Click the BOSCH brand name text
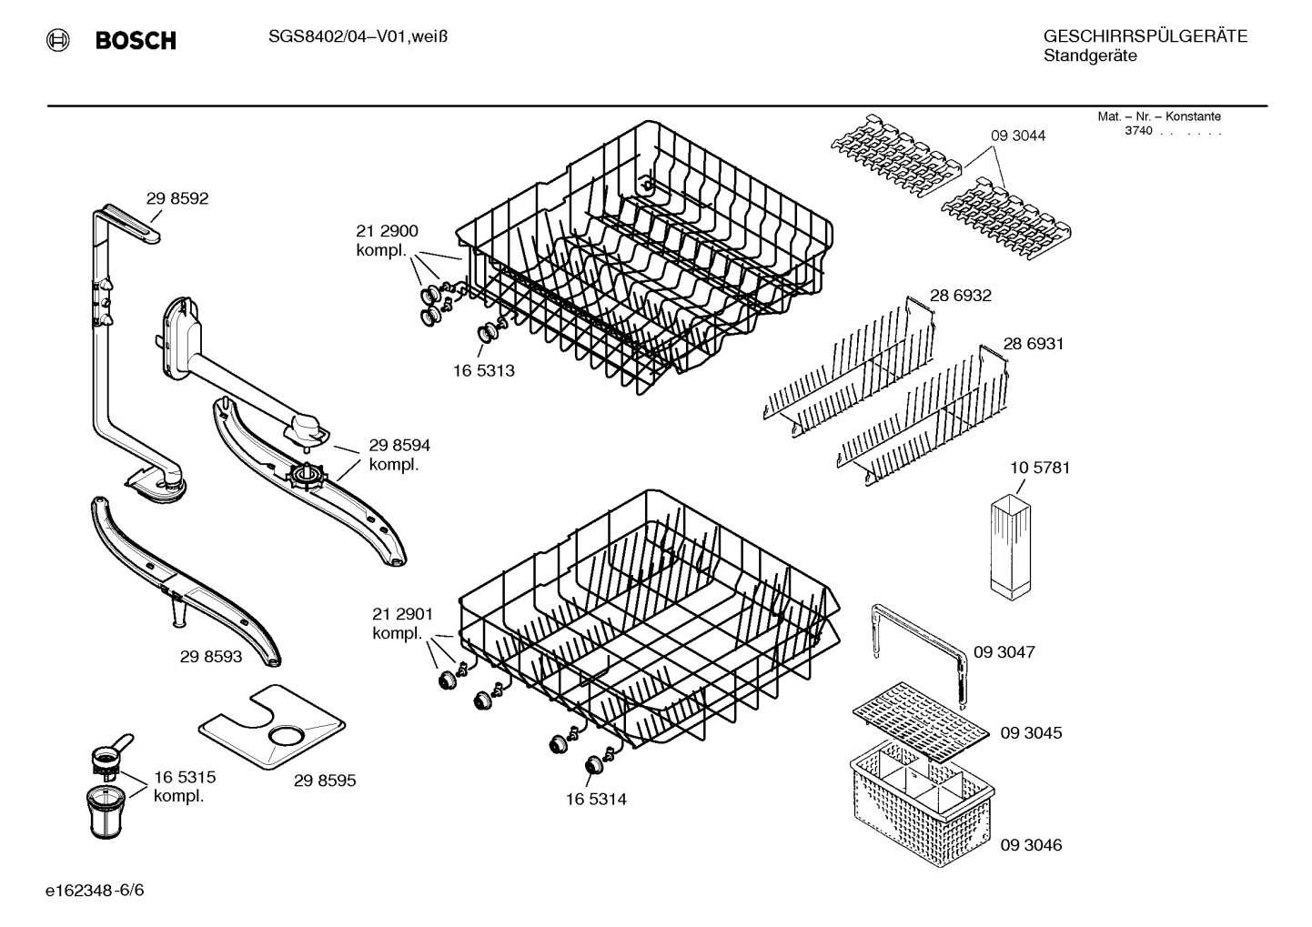pyautogui.click(x=136, y=40)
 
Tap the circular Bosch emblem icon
pyautogui.click(x=57, y=40)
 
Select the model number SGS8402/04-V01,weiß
pyautogui.click(x=358, y=37)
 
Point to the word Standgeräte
pyautogui.click(x=1090, y=56)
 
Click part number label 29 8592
pyautogui.click(x=177, y=198)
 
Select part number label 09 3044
pyautogui.click(x=1018, y=136)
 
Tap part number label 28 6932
pyautogui.click(x=961, y=296)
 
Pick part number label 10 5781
pyautogui.click(x=1040, y=468)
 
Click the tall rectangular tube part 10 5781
pyautogui.click(x=1010, y=548)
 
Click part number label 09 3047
pyautogui.click(x=1004, y=651)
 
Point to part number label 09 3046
pyautogui.click(x=1031, y=845)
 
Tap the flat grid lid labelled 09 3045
pyautogui.click(x=921, y=721)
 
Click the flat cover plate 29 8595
pyautogui.click(x=272, y=727)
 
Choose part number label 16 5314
pyautogui.click(x=596, y=800)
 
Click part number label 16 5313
pyautogui.click(x=484, y=370)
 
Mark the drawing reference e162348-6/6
pyautogui.click(x=95, y=891)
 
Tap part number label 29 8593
pyautogui.click(x=211, y=657)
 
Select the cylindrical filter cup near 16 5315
pyautogui.click(x=106, y=812)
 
